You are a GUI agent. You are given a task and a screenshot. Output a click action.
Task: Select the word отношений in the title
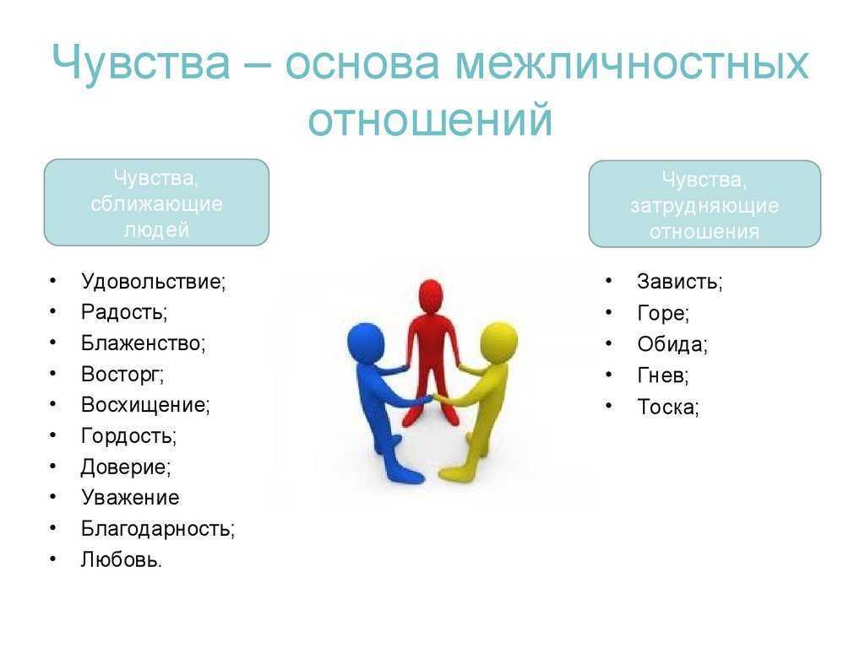(x=430, y=119)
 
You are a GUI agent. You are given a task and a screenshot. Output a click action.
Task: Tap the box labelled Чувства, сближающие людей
(x=156, y=202)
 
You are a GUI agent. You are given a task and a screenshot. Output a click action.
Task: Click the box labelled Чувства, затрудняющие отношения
(x=705, y=204)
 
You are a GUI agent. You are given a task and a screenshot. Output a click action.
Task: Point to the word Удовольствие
(x=153, y=282)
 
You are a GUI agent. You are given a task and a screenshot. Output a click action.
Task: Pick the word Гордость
(x=128, y=436)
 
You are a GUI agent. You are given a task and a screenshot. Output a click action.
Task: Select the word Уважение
(x=130, y=498)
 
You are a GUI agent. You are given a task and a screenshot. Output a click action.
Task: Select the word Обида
(x=672, y=344)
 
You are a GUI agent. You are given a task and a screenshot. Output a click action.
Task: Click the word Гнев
(x=662, y=375)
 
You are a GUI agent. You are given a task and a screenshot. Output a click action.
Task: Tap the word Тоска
(x=667, y=408)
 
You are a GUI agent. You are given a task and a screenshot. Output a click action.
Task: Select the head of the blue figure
(x=365, y=343)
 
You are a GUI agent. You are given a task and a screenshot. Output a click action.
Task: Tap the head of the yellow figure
(x=498, y=343)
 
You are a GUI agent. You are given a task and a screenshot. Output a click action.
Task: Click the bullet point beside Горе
(x=608, y=313)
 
